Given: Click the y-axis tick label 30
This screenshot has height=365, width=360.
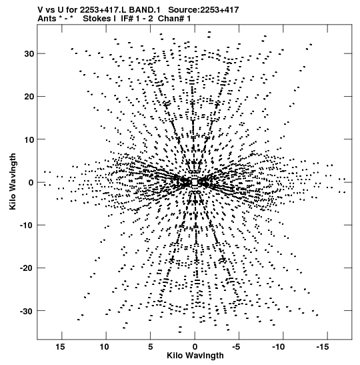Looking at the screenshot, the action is pos(29,54).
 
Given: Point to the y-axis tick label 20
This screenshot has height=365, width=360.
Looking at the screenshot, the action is pos(29,96).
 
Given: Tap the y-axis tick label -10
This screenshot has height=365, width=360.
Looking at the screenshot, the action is pos(27,225).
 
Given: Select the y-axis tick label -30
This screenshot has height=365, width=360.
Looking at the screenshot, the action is pos(27,311).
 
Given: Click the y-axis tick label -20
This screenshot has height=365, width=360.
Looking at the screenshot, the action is pos(27,268).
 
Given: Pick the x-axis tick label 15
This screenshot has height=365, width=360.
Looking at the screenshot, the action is pos(60,347).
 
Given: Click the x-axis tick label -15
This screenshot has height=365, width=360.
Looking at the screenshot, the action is pos(323,347).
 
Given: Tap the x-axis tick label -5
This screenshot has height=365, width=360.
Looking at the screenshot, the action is pos(236,347).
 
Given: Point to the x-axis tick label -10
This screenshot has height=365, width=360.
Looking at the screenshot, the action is pos(279,347).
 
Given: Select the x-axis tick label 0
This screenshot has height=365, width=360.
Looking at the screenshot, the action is pos(195,347).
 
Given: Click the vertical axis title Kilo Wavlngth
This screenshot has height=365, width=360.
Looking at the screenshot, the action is pos(13,181).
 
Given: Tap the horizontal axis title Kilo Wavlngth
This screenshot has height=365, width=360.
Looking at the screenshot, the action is pos(195,356).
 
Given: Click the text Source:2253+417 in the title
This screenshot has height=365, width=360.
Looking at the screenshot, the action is pos(203,10).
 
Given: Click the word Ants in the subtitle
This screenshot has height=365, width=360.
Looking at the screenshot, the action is pos(47,19).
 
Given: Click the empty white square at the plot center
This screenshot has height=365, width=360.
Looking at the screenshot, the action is pos(195,182).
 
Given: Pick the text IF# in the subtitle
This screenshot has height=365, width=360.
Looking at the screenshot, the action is pos(127,19).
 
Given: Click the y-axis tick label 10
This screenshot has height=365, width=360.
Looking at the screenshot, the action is pos(29,139).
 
